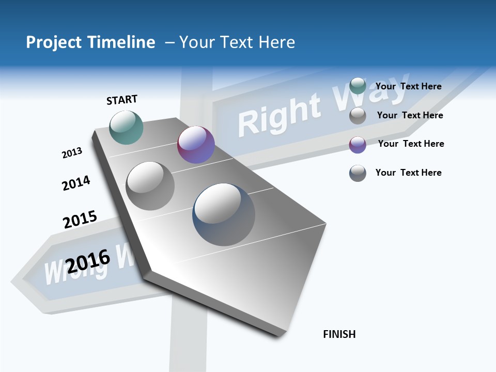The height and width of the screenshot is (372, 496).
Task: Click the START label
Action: tap(122, 100)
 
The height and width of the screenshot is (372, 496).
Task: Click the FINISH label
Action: tap(339, 334)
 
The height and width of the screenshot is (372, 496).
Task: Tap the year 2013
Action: tap(72, 153)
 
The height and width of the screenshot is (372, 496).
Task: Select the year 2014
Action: tap(76, 183)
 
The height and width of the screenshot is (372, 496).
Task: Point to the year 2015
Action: tap(80, 220)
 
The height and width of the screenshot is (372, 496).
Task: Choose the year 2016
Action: tap(88, 260)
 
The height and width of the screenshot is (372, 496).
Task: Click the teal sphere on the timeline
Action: tap(127, 127)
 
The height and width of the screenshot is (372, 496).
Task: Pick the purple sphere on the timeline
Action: tap(196, 145)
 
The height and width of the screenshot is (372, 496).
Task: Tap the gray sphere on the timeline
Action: tap(150, 185)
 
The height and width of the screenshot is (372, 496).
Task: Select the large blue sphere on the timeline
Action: tap(224, 214)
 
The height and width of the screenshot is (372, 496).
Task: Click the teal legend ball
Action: tap(358, 86)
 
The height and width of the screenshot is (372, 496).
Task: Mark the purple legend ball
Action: tap(358, 145)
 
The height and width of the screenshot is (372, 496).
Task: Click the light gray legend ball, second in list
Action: tap(358, 116)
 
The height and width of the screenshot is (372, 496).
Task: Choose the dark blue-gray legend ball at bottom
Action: tap(358, 173)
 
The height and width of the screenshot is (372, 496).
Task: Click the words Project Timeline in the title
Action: tap(90, 42)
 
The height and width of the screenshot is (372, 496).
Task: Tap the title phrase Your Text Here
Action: tap(237, 42)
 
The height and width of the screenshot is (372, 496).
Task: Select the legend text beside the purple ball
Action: tap(411, 144)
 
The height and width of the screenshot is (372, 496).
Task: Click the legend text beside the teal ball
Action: tap(408, 86)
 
